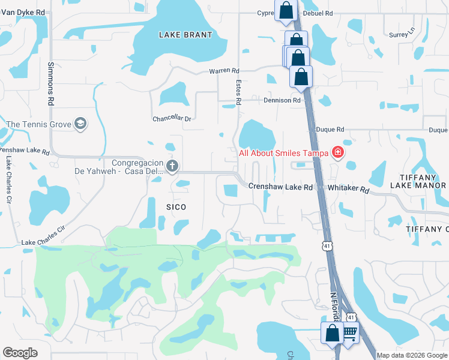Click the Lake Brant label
185,35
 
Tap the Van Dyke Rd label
23,11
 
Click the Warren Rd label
224,71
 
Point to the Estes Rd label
238,93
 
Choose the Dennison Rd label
282,100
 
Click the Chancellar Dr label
172,119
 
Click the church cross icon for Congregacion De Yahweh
172,166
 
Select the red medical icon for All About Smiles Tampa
338,152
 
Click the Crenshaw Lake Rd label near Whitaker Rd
280,187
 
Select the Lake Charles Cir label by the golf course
43,235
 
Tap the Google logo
20,353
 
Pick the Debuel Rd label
318,13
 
